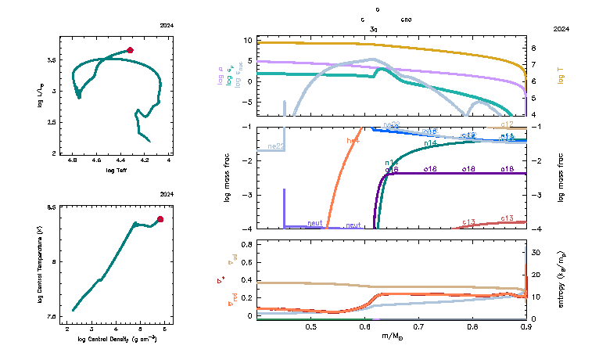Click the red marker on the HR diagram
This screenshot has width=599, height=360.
(131, 50)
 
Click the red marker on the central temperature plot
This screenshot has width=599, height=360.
(160, 219)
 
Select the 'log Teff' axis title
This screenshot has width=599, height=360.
(116, 170)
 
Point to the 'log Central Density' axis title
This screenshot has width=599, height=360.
(116, 338)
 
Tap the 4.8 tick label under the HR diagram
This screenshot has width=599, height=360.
(73, 160)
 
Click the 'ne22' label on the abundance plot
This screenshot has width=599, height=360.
(275, 146)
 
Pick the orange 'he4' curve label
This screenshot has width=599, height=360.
(353, 140)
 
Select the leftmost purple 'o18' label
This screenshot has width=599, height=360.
(392, 169)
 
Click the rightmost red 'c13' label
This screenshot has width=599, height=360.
(507, 218)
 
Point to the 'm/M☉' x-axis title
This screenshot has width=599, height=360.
(392, 336)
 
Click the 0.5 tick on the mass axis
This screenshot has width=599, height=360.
(310, 326)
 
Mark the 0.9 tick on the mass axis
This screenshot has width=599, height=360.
(525, 326)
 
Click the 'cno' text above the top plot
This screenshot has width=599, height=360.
(407, 18)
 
